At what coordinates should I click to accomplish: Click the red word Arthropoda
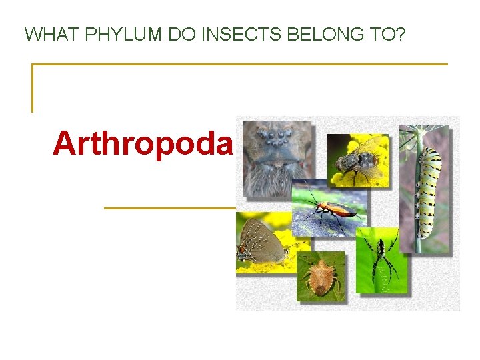coord(143,143)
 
